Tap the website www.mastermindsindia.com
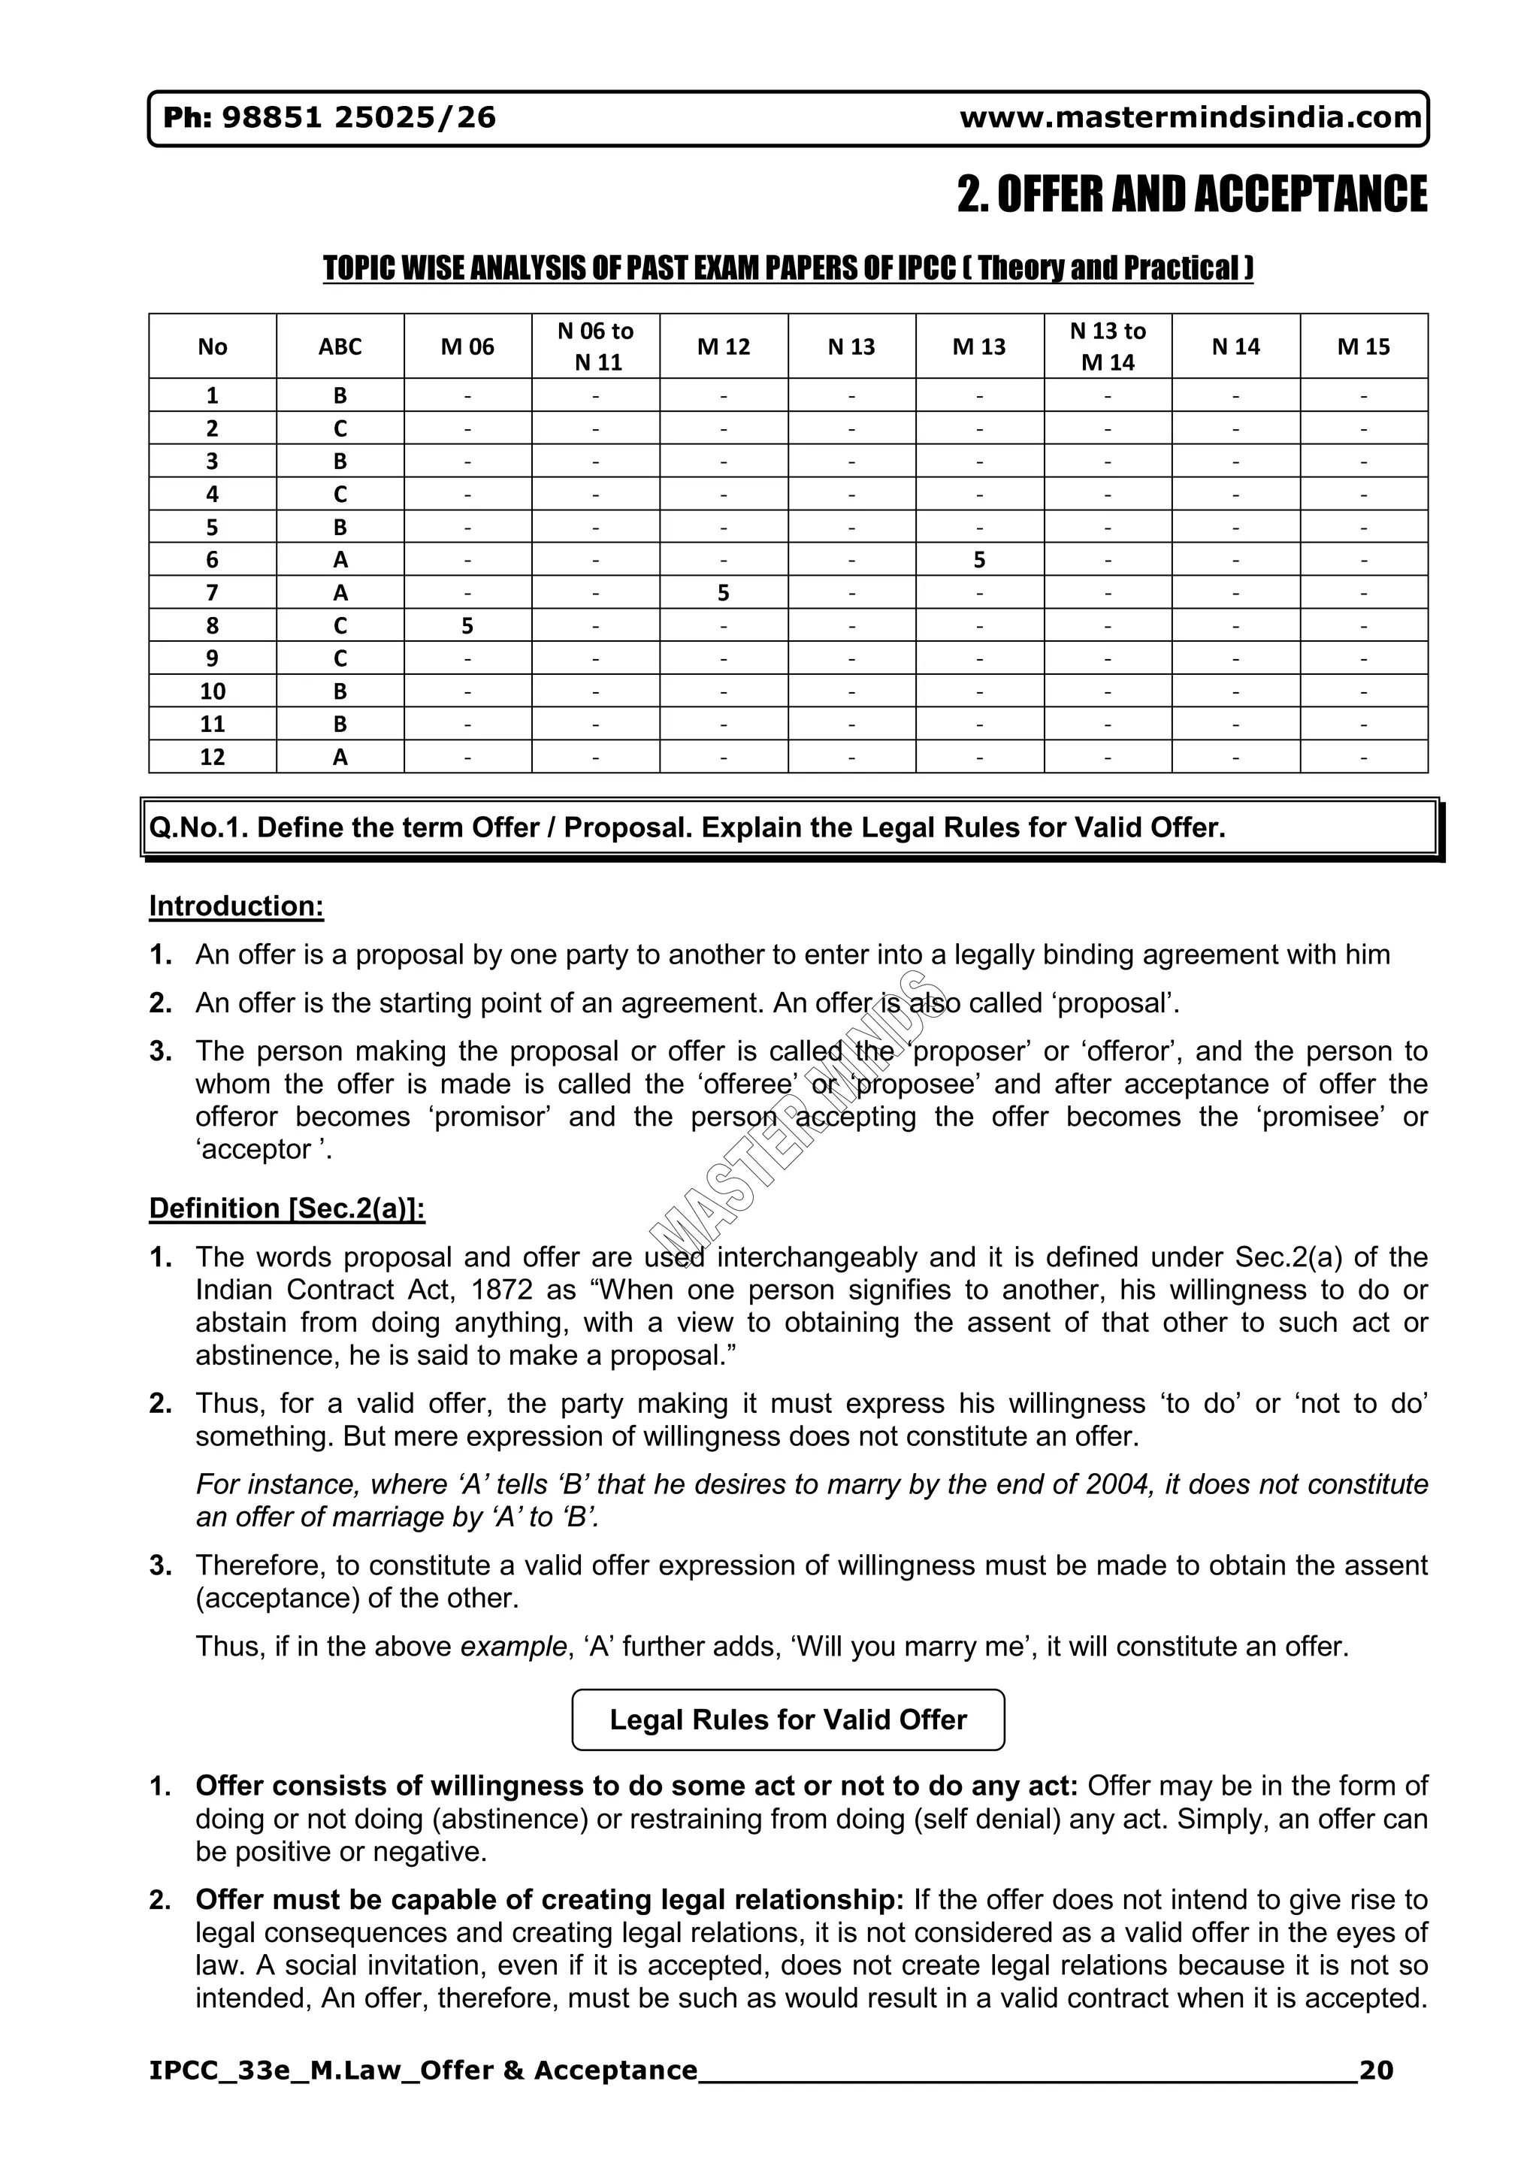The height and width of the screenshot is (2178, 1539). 1190,118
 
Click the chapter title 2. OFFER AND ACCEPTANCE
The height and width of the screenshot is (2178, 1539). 1191,195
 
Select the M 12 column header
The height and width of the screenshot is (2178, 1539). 724,347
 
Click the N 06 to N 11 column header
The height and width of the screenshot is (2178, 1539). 595,346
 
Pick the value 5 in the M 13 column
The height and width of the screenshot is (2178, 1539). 980,561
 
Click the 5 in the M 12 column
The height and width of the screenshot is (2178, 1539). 724,594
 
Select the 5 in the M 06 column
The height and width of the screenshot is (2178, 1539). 467,626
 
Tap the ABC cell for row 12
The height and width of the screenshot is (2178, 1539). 340,757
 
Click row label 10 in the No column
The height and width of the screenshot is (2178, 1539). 213,691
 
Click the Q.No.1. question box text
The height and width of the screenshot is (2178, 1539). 688,828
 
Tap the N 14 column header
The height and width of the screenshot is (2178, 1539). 1235,347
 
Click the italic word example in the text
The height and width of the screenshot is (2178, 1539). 513,1646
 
